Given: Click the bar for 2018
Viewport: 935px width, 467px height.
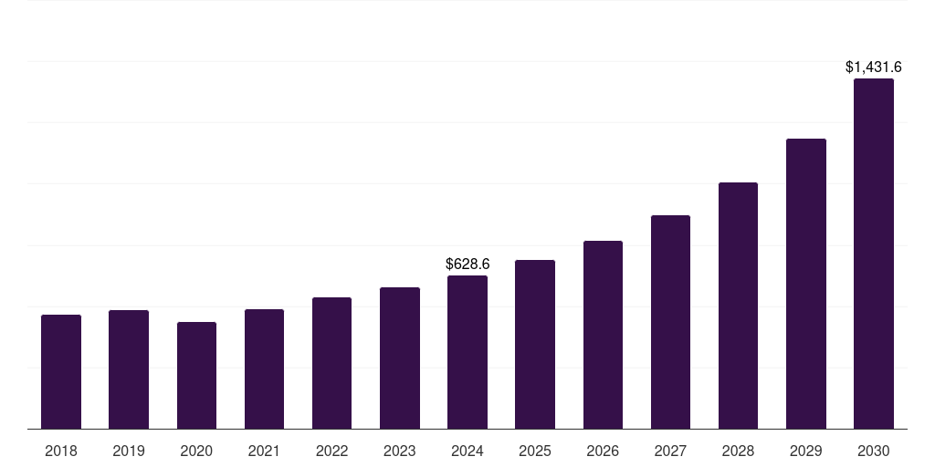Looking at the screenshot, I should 61,372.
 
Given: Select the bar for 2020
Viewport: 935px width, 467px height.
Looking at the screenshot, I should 196,376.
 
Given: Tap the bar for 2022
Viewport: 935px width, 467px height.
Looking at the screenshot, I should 331,363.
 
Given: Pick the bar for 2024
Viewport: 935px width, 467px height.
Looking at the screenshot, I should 467,352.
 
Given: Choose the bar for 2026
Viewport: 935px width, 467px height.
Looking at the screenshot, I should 603,335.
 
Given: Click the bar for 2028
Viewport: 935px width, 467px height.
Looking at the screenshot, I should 738,306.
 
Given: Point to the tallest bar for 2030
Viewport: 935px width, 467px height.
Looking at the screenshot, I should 873,254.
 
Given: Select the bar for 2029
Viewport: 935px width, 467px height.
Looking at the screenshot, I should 805,284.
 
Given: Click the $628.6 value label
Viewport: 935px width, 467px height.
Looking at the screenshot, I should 467,264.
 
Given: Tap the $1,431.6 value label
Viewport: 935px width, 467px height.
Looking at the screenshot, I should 873,67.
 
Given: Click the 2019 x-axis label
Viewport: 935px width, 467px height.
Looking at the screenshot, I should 129,451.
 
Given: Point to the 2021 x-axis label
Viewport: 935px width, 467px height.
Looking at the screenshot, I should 264,451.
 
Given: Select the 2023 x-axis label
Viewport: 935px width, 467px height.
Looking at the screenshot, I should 399,451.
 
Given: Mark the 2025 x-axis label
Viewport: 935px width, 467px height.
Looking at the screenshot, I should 535,451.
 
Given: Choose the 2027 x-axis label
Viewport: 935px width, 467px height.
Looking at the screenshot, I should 670,451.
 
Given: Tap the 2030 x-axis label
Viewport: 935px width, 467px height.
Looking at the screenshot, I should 873,451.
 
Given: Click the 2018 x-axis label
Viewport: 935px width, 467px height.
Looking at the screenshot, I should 61,451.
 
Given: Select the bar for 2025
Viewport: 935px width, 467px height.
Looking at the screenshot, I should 535,345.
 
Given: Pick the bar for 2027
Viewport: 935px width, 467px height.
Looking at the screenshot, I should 670,322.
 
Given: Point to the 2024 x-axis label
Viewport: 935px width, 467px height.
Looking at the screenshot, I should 467,451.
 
